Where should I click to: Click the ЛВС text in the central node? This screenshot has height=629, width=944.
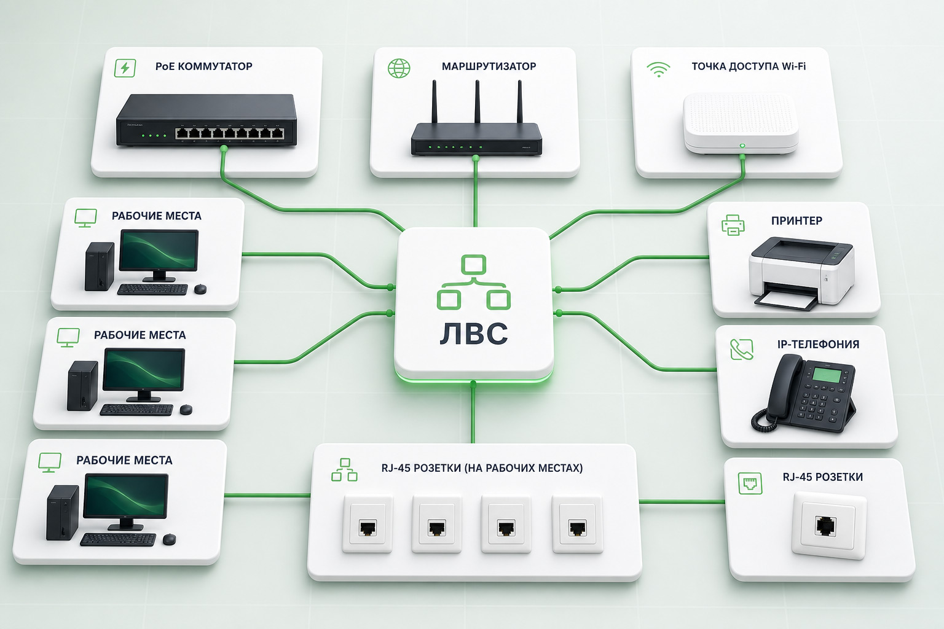[474, 334]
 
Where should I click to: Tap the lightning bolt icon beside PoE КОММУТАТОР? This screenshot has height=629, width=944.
[125, 68]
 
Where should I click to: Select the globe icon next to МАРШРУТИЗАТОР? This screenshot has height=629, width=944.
[399, 68]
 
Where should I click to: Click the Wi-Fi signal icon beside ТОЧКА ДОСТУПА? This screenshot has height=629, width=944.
[658, 69]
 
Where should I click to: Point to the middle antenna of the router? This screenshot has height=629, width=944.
[477, 101]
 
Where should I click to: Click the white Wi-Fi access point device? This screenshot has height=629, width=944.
[741, 123]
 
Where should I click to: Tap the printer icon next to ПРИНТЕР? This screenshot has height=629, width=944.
[733, 225]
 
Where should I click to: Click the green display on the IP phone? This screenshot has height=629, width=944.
[827, 375]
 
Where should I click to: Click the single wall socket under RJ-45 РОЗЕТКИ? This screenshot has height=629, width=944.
[829, 526]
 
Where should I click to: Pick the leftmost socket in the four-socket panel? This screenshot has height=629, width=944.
[368, 524]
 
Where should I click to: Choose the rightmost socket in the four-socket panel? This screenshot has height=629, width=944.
[577, 524]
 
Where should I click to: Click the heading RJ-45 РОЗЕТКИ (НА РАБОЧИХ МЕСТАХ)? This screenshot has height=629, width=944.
[482, 468]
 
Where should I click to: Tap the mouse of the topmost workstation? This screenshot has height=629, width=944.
[200, 289]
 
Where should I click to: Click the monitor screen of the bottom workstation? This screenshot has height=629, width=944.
[125, 496]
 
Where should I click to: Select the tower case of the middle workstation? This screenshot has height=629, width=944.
[82, 386]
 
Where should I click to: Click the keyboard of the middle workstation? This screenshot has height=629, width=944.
[136, 410]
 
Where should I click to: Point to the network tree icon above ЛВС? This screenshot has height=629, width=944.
[474, 282]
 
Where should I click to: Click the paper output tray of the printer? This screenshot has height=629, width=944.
[787, 299]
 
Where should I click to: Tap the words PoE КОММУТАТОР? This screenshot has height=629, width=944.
[204, 66]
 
